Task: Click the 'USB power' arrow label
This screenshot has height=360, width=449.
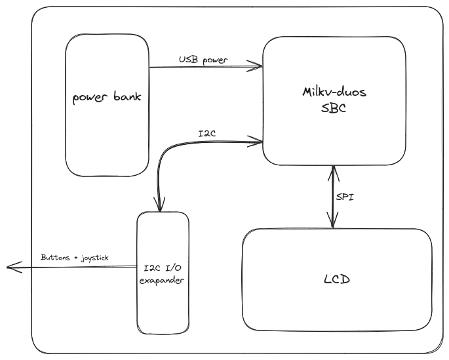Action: coord(203,60)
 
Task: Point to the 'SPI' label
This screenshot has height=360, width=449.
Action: coord(345,197)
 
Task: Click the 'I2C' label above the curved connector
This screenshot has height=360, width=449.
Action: coord(207,134)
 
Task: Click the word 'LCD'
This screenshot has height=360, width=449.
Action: coord(337,279)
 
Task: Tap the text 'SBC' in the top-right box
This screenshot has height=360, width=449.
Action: coord(334,110)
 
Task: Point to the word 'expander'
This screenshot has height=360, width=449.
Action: coord(163,280)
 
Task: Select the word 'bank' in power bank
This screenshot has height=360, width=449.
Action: coord(127,98)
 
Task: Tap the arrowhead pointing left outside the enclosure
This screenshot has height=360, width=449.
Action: coord(10,267)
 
